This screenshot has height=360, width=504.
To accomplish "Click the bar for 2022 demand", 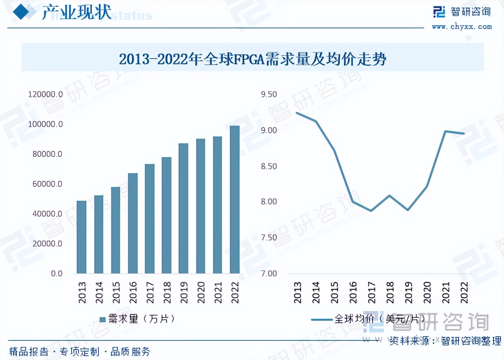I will (x=234, y=200).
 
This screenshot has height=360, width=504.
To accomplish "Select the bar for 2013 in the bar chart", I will (x=82, y=237).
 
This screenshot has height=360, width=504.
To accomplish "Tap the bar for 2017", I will (x=150, y=219).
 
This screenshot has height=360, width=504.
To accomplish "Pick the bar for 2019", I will (x=183, y=208).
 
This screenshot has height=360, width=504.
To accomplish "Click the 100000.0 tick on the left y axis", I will (x=45, y=124).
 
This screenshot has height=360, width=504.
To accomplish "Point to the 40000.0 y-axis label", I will (x=47, y=214).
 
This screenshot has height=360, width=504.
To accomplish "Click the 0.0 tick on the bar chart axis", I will (x=57, y=274).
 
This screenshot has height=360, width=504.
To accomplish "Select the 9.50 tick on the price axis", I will (x=269, y=95).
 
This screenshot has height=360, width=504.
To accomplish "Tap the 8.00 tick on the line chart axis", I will (x=269, y=202).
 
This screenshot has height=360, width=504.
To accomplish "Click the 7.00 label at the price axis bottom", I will (x=269, y=274).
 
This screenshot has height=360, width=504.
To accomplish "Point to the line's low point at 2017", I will (x=371, y=211).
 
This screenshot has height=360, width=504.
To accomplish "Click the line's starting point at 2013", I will (x=298, y=113).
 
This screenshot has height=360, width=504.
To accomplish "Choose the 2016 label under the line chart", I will (x=353, y=293).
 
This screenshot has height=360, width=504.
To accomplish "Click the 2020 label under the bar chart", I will (x=201, y=293).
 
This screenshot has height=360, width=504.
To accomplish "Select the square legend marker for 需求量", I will (x=103, y=319).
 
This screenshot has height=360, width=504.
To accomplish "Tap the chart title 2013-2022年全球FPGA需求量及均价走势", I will (x=252, y=59).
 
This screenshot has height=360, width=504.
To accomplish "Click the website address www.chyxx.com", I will (x=462, y=26).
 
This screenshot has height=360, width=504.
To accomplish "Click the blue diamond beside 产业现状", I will (x=21, y=12).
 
